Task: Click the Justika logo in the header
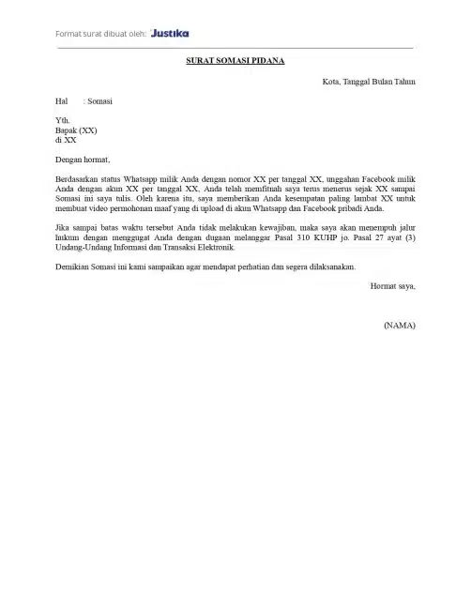169,33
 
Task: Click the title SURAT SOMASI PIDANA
235,61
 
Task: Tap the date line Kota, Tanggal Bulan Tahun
369,82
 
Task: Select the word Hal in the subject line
62,100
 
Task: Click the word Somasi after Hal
99,100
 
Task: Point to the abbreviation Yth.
63,120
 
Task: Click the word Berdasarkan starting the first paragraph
78,178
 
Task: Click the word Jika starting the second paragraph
63,227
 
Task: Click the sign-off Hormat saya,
393,285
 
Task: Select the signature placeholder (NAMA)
400,325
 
